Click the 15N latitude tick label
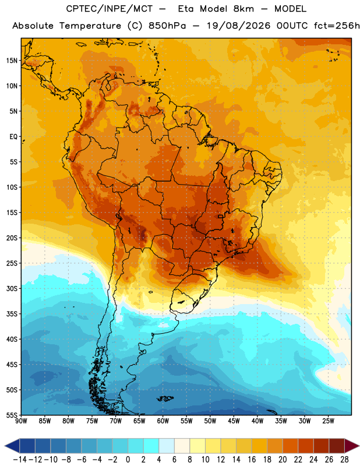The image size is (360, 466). pyautogui.click(x=12, y=61)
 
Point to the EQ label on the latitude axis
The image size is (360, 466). pyautogui.click(x=13, y=137)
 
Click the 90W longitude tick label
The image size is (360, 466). pyautogui.click(x=22, y=421)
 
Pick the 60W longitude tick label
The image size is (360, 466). pyautogui.click(x=163, y=421)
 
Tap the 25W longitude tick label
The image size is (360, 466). pyautogui.click(x=328, y=421)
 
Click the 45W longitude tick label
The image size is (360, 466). pyautogui.click(x=234, y=421)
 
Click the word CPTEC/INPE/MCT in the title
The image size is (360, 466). pyautogui.click(x=110, y=9)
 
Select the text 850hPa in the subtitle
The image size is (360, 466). pyautogui.click(x=167, y=26)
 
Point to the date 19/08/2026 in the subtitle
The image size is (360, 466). pyautogui.click(x=239, y=26)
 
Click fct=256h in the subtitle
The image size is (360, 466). pyautogui.click(x=337, y=26)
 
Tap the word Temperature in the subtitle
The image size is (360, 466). pyautogui.click(x=90, y=26)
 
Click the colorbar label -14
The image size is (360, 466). pyautogui.click(x=20, y=460)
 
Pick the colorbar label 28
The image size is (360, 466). pyautogui.click(x=344, y=460)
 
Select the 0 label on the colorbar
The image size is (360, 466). pyautogui.click(x=128, y=460)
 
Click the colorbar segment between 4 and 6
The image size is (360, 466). pyautogui.click(x=167, y=446)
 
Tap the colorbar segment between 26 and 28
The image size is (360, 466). pyautogui.click(x=337, y=446)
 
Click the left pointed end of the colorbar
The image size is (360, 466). pyautogui.click(x=5, y=446)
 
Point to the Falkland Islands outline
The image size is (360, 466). pyautogui.click(x=165, y=398)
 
